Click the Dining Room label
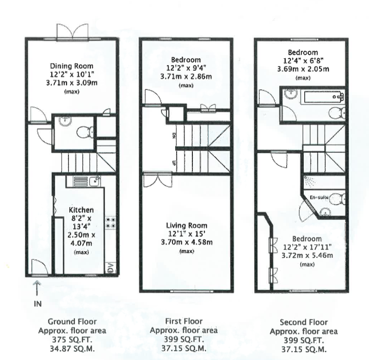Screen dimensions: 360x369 71,66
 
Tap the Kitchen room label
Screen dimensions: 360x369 81,210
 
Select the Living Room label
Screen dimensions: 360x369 186,225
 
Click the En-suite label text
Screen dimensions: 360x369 319,197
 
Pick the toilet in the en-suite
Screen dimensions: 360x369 340,199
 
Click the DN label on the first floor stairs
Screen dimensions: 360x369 174,137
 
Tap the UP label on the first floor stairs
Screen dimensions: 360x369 174,162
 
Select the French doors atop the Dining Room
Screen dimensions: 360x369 72,32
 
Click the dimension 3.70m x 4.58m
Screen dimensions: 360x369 186,242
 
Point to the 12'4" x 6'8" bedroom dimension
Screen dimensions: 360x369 302,61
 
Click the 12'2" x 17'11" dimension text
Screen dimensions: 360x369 307,247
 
